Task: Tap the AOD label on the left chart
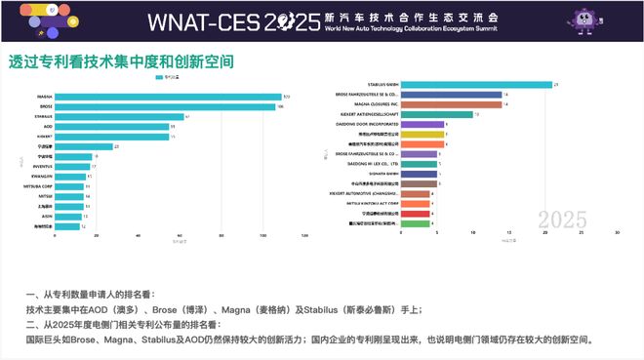pyautogui.click(x=48, y=127)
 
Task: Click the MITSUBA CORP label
pyautogui.click(x=41, y=186)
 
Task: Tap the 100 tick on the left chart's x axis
pyautogui.click(x=262, y=235)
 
